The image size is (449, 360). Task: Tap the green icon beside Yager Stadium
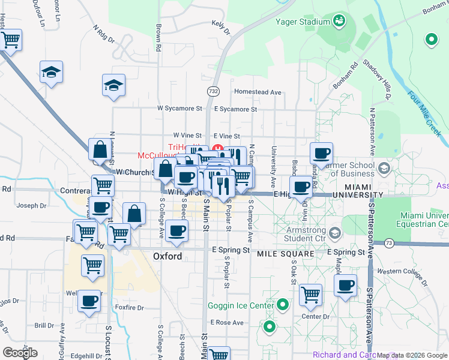(x=339, y=22)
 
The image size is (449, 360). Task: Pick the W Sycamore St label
(x=179, y=109)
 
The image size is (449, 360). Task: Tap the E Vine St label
(x=226, y=137)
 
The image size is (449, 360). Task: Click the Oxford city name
(x=167, y=256)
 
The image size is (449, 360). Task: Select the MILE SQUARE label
(x=286, y=254)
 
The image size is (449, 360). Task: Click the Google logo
(x=20, y=353)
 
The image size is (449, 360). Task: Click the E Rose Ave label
(x=228, y=322)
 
